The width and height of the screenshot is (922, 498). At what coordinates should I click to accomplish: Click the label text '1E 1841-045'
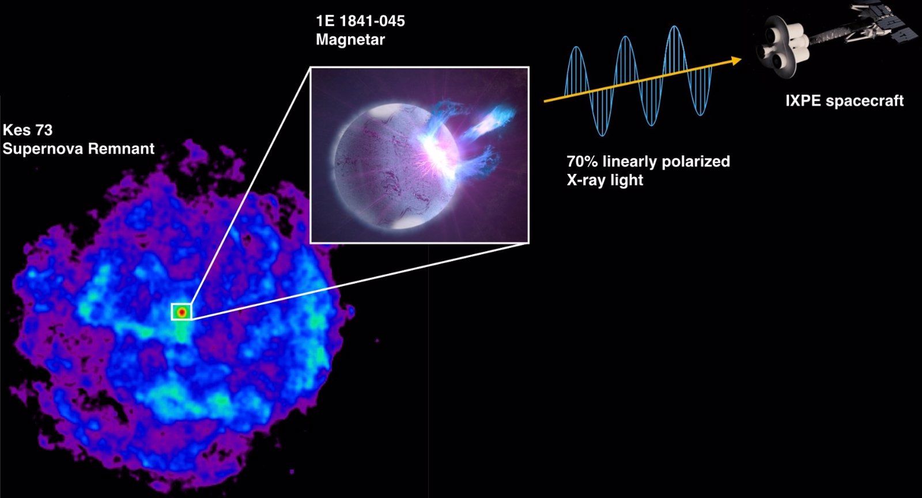(x=360, y=21)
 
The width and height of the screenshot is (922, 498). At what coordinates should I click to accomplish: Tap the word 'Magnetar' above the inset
(x=350, y=40)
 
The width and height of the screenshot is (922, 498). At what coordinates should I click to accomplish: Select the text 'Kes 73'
(x=28, y=130)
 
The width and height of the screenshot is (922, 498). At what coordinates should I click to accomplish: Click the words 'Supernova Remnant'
(x=78, y=149)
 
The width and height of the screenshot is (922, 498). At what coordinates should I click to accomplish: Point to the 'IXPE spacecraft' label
(x=844, y=101)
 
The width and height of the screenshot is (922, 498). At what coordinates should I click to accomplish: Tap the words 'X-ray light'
(x=604, y=180)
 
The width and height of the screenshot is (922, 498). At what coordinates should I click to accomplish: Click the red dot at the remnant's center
(x=182, y=312)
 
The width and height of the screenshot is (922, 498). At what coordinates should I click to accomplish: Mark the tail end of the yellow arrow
(x=545, y=101)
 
